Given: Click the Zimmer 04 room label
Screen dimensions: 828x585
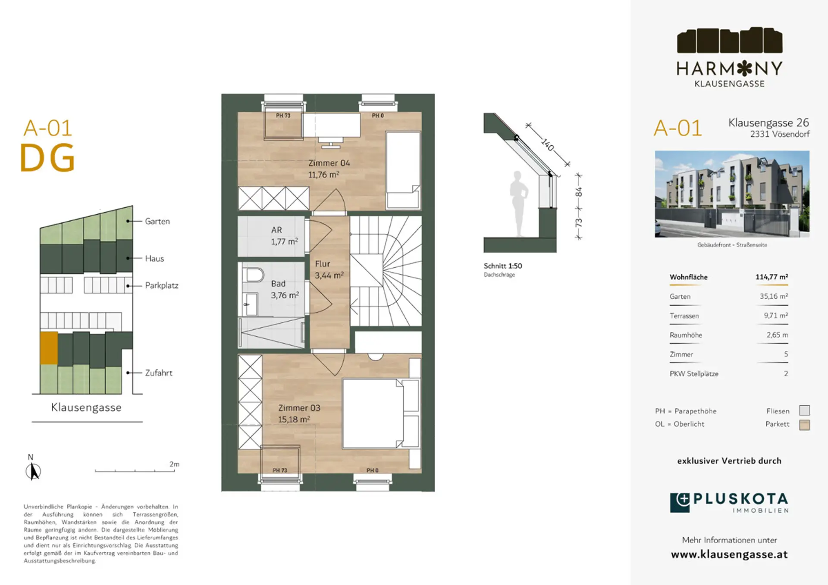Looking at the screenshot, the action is (x=329, y=163).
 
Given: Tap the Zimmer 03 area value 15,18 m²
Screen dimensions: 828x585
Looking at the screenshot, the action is (x=294, y=419).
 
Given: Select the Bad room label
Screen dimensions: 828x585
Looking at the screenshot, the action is (x=278, y=284).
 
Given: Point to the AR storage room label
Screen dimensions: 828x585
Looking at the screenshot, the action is (x=276, y=230).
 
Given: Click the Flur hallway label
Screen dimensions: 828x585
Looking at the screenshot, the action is (x=322, y=264).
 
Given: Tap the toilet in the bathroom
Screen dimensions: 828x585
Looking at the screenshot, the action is (x=253, y=275).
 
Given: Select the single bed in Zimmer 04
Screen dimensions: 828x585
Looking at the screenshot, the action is (x=403, y=170).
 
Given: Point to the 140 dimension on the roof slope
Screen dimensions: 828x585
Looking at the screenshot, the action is (x=548, y=144).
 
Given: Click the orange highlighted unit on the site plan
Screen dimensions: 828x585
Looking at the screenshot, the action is (x=49, y=348).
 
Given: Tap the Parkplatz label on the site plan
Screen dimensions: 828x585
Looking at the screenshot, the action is (x=162, y=285).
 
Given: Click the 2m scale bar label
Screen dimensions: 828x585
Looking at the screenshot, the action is (x=174, y=464).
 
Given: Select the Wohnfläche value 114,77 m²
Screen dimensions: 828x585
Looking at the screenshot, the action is (x=772, y=277).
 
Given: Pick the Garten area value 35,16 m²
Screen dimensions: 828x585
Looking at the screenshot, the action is (x=774, y=296).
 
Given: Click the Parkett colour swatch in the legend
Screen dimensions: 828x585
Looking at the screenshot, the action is (x=804, y=425).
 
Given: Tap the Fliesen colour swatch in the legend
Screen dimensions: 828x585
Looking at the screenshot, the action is (x=804, y=410).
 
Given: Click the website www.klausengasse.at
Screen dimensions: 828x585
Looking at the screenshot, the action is (x=729, y=554).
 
